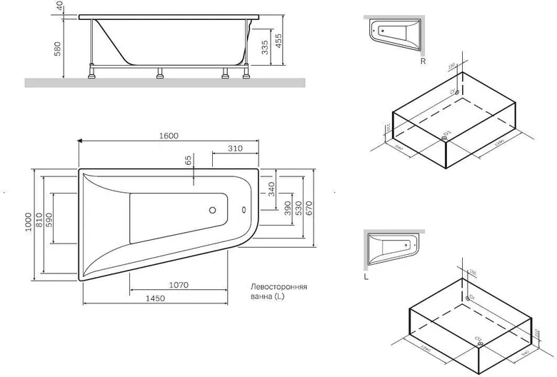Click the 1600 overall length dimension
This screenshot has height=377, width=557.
(169, 136)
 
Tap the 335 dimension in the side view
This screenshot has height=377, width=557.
(265, 47)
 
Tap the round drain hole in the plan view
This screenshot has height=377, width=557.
(211, 211)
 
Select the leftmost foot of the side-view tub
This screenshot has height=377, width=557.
(93, 71)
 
